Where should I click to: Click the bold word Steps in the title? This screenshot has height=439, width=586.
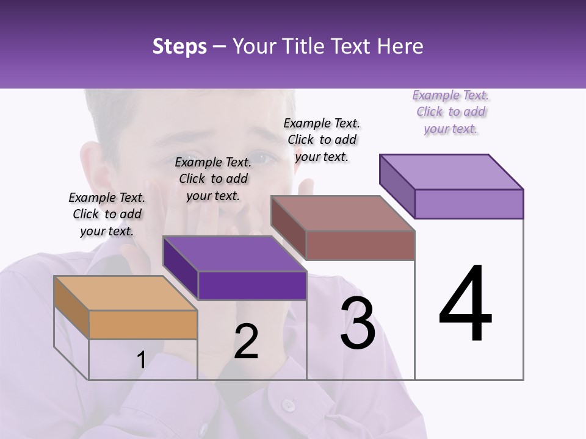click(x=179, y=47)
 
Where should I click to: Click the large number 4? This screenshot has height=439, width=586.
click(x=465, y=305)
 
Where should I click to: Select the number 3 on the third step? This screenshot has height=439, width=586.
click(x=358, y=323)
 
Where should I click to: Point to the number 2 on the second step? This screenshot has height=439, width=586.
click(x=247, y=342)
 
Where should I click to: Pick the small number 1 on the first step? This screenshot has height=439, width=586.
click(x=141, y=360)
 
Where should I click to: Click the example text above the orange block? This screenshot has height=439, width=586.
click(x=107, y=214)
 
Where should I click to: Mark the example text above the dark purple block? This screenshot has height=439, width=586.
click(x=213, y=179)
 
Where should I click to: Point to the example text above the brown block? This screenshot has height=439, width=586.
click(x=322, y=140)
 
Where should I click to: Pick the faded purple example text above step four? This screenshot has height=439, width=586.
click(x=450, y=112)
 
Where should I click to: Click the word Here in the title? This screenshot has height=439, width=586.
click(x=399, y=47)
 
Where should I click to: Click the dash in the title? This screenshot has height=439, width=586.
click(x=220, y=47)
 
